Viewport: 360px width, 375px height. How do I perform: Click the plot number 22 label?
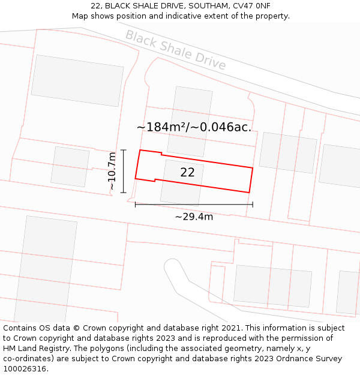187,172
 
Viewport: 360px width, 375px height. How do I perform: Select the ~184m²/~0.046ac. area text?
194,127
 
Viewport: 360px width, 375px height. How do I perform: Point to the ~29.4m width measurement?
194,217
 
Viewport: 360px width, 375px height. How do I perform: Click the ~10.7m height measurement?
112,172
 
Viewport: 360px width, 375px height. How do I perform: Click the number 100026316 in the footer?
25,369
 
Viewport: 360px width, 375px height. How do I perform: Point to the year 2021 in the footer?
230,328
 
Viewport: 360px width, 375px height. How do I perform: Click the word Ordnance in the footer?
283,359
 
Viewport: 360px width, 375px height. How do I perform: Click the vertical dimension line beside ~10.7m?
124,171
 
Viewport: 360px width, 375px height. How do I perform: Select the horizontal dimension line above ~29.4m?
194,205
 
